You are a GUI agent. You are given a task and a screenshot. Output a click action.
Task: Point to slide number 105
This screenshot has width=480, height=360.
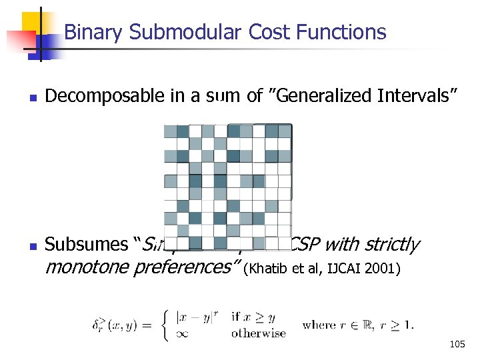pos(457,345)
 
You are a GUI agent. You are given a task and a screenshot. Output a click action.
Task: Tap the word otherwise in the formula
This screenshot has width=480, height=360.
pos(258,333)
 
